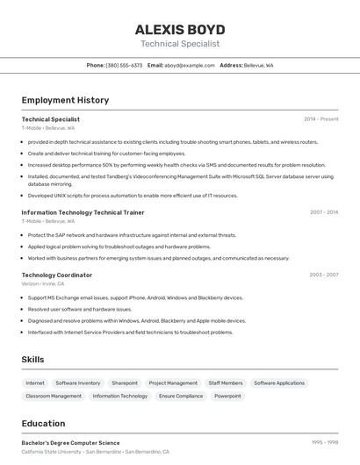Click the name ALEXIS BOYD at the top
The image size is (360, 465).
pos(180,29)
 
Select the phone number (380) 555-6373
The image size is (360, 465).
pos(124,65)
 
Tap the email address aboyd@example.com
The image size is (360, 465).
pos(190,65)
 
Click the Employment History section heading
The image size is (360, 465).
pos(65,100)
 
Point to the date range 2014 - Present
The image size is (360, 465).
pos(321,118)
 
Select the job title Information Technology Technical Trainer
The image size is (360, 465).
pos(83,212)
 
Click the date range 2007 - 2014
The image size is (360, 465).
pos(324,212)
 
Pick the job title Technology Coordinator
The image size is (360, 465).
pos(57,275)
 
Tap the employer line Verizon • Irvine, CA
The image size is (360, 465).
pos(43,283)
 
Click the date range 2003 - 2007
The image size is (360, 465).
pos(324,275)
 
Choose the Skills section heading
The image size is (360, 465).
pos(32,360)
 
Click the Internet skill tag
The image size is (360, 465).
pos(35,383)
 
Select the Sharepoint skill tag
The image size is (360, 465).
pos(125,383)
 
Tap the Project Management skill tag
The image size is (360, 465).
pos(173,383)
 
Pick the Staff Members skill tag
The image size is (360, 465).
pos(226,383)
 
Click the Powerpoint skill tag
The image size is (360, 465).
pos(227,397)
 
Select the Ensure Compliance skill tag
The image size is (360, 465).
pos(181,397)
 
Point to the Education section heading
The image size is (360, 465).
pos(43,424)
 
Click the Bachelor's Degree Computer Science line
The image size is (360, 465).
pos(70,443)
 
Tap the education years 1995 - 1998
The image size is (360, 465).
pos(325,443)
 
